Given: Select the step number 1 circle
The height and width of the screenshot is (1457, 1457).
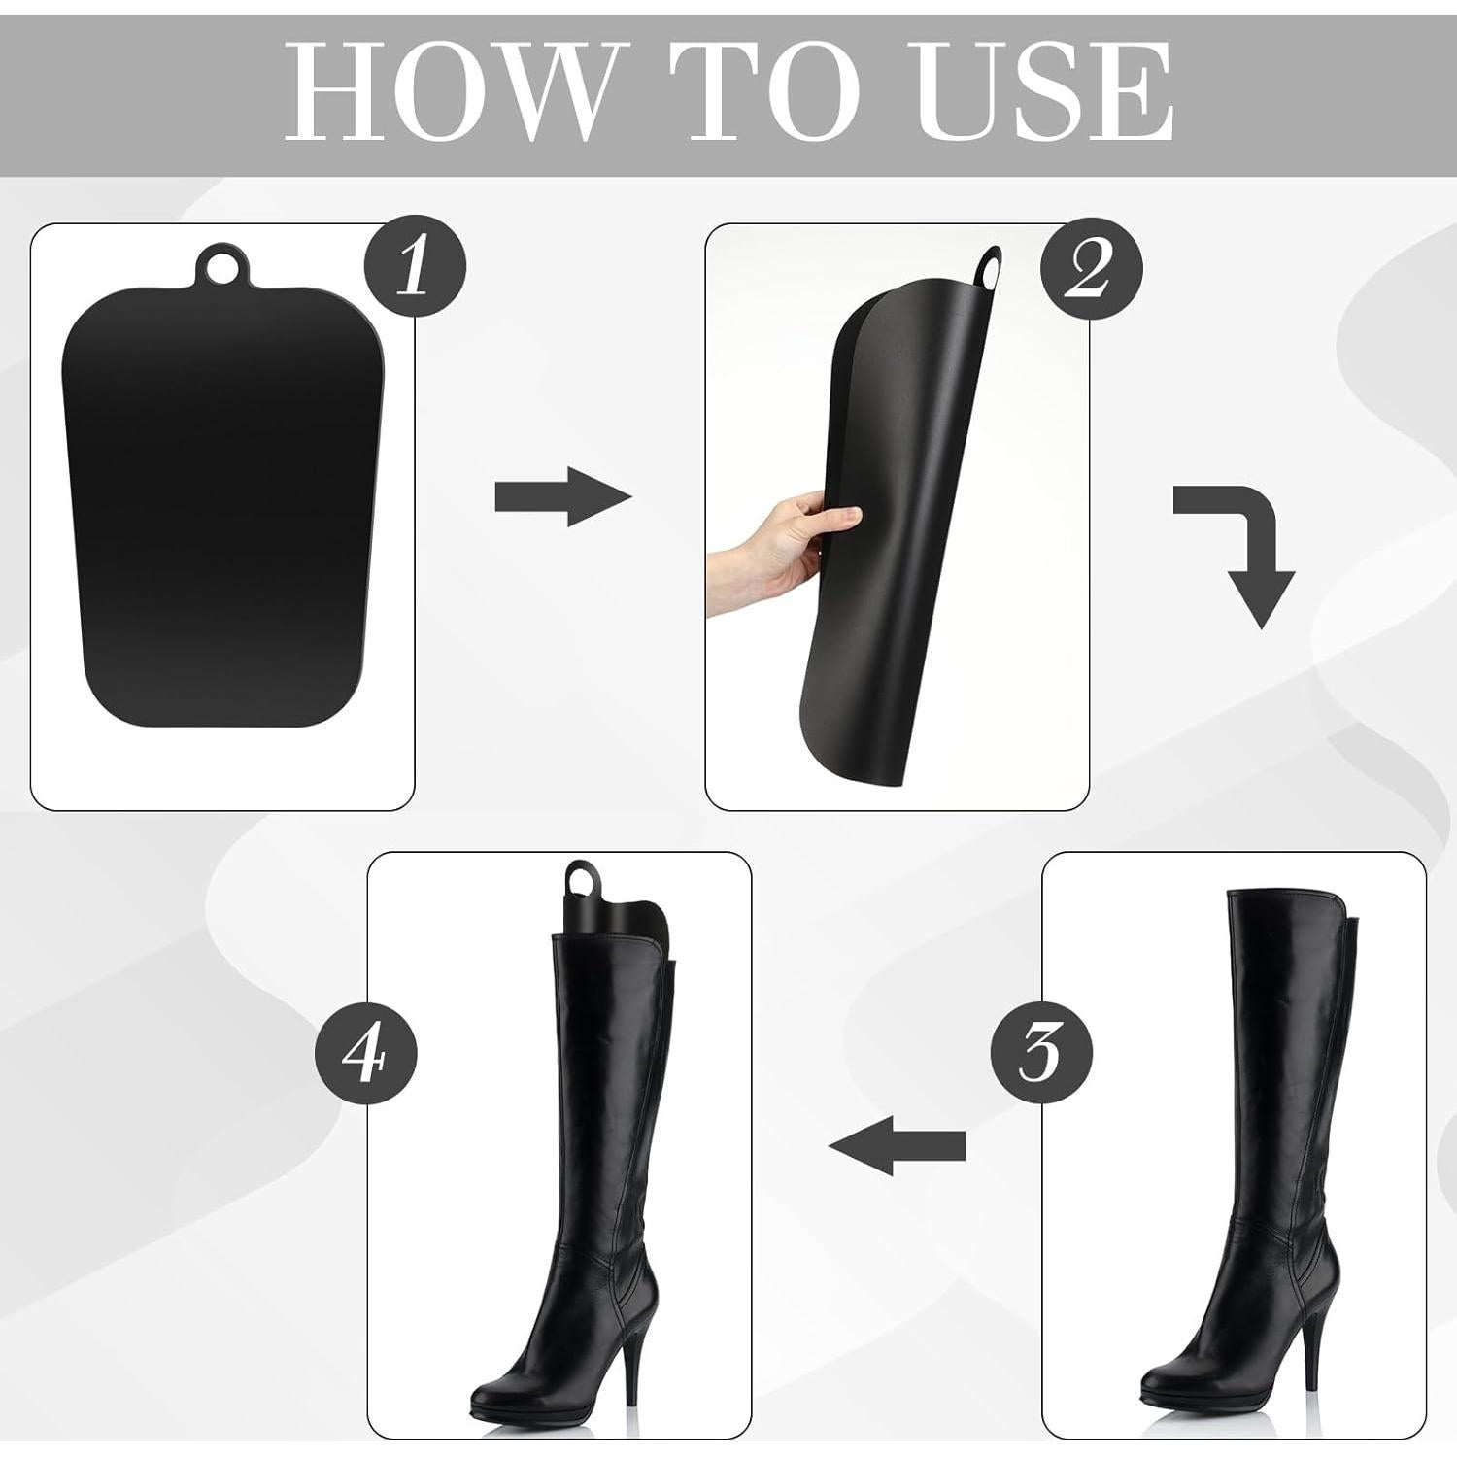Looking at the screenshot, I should (415, 267).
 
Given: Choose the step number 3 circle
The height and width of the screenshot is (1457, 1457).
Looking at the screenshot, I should (1041, 1051).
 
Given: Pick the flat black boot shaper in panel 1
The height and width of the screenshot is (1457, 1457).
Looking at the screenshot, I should (223, 505).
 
